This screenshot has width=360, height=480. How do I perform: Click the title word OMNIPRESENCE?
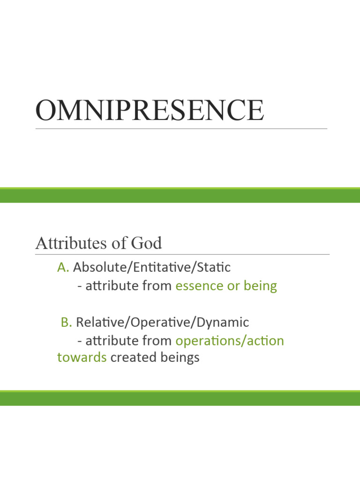coord(150,110)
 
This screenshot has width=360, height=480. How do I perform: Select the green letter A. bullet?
coord(63,267)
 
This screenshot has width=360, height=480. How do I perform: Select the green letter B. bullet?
coord(66,322)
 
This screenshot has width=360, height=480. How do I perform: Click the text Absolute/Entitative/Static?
coord(152,267)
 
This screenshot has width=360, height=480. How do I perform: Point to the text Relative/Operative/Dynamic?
coord(162,322)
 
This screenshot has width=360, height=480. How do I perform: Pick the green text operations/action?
coord(230,341)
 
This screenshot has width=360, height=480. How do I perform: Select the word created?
coord(133,358)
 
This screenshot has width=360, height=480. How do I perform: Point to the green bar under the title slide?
coord(180,195)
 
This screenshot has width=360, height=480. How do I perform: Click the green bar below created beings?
coord(180,398)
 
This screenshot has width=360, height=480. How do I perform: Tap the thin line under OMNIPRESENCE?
coord(181,128)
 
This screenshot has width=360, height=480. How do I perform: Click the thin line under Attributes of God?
coord(182,255)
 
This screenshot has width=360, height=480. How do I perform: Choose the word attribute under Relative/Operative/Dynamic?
coord(111,341)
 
